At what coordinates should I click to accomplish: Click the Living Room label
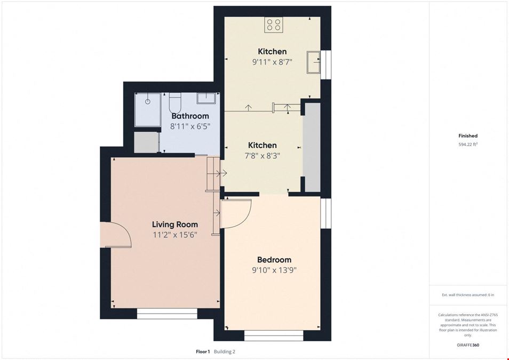[175, 225]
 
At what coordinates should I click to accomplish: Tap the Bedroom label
[274, 260]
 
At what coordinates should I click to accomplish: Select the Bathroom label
[190, 116]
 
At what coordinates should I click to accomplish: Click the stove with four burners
[273, 25]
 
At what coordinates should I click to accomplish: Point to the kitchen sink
[313, 62]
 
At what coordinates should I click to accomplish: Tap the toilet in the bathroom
[175, 102]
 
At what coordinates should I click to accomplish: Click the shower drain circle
[148, 102]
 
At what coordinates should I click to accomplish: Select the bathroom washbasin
[206, 98]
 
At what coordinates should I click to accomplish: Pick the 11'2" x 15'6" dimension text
[175, 235]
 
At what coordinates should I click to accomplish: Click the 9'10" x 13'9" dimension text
[274, 270]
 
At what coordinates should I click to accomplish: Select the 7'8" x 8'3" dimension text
[263, 156]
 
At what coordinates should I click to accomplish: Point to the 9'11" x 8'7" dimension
[272, 62]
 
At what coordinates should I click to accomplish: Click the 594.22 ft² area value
[468, 145]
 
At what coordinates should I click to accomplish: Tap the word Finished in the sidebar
[468, 136]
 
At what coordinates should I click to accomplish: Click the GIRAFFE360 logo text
[468, 345]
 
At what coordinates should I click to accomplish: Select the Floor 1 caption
[203, 351]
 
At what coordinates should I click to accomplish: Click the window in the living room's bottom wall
[167, 314]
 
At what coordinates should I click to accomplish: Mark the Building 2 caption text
[224, 351]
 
